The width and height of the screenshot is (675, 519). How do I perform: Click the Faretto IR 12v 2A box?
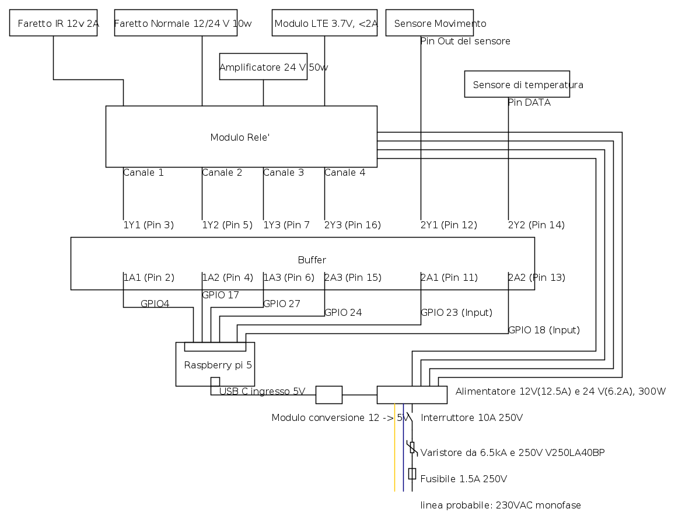tap(53, 23)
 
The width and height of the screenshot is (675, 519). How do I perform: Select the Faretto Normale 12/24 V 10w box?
tap(176, 23)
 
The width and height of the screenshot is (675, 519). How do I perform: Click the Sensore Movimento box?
tap(429, 23)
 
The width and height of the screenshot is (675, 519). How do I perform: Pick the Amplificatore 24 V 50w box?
tap(263, 67)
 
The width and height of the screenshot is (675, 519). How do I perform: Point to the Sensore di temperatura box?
tap(517, 84)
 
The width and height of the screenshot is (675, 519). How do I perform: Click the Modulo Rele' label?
tap(240, 137)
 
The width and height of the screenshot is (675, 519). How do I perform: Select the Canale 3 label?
tap(284, 172)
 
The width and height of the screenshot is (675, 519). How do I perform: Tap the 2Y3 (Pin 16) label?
tap(352, 225)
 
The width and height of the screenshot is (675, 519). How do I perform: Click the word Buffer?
tap(312, 260)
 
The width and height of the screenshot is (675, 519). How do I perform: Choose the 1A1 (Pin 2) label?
tap(149, 277)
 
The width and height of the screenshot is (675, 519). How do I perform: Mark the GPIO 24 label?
tap(343, 312)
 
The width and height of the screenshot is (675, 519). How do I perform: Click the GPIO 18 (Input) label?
tap(544, 330)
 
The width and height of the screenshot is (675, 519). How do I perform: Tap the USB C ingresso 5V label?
tap(263, 391)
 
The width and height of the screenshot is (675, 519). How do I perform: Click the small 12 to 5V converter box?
tap(329, 395)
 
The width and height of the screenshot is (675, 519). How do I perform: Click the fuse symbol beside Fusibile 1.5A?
tap(412, 473)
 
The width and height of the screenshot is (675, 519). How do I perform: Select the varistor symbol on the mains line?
tap(412, 448)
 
